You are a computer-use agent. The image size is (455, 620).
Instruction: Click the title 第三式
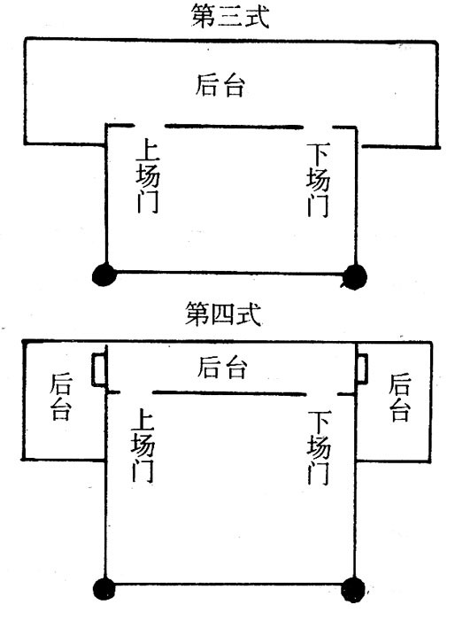point(230,16)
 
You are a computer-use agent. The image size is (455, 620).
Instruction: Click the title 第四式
point(223,314)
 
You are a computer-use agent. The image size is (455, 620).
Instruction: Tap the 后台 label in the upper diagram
point(220,85)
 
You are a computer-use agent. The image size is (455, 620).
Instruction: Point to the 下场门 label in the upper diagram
point(318,181)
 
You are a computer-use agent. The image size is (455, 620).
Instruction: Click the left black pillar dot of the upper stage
point(104,274)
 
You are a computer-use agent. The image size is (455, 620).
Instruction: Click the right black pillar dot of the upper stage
point(354,276)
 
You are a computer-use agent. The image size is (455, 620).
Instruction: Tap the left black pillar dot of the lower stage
point(104,589)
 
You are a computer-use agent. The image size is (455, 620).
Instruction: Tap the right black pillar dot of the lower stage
point(353,590)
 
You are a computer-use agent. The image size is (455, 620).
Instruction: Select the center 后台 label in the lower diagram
point(222,368)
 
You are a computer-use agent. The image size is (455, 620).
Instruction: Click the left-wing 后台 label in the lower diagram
point(61,397)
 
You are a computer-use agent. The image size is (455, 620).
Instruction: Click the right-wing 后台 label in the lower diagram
point(399,398)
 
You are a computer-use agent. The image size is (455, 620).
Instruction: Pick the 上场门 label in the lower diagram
point(143,446)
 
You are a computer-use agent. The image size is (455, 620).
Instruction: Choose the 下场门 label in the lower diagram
point(318,447)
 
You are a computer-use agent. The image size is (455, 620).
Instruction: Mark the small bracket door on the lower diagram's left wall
point(99,369)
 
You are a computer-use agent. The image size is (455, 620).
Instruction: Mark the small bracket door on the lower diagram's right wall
point(361,368)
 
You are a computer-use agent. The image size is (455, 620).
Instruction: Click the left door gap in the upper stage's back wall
point(149,126)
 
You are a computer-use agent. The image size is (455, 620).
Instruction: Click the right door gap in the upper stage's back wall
point(318,128)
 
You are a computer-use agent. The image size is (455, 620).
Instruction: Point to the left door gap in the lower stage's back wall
point(136,392)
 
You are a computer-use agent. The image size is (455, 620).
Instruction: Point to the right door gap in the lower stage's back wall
point(322,394)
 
